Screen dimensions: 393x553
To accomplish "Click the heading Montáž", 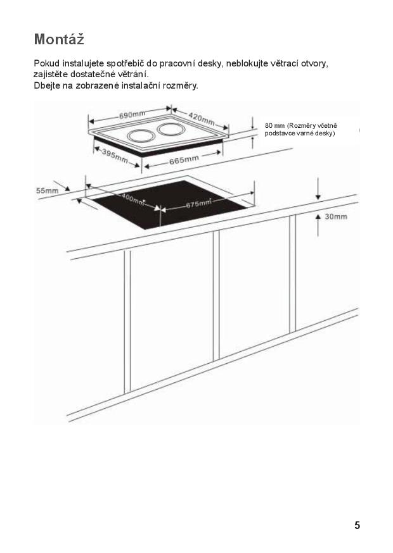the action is tap(59, 39).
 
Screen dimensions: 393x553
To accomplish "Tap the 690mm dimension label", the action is tap(132, 115).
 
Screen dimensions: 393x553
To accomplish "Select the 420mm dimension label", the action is tap(202, 118).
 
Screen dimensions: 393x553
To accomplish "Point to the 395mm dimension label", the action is tap(115, 156).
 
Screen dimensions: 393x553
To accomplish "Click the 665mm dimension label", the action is tap(184, 160).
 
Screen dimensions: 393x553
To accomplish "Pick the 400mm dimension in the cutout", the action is tap(134, 199).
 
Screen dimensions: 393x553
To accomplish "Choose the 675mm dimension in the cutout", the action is tap(198, 204).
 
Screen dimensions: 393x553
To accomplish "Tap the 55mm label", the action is tap(47, 191).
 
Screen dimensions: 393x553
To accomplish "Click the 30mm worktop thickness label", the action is tap(336, 216).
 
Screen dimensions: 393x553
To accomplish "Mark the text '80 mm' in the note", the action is tap(274, 126).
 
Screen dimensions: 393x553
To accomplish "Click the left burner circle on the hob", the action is tap(141, 136).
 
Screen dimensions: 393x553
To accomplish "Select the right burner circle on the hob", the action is tap(171, 129).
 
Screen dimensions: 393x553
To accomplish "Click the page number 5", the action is tap(357, 525).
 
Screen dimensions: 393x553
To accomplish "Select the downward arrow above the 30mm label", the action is tap(318, 189).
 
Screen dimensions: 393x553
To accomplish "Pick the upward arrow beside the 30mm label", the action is tap(318, 225).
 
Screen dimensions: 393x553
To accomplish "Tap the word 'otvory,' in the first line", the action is tap(315, 64).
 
